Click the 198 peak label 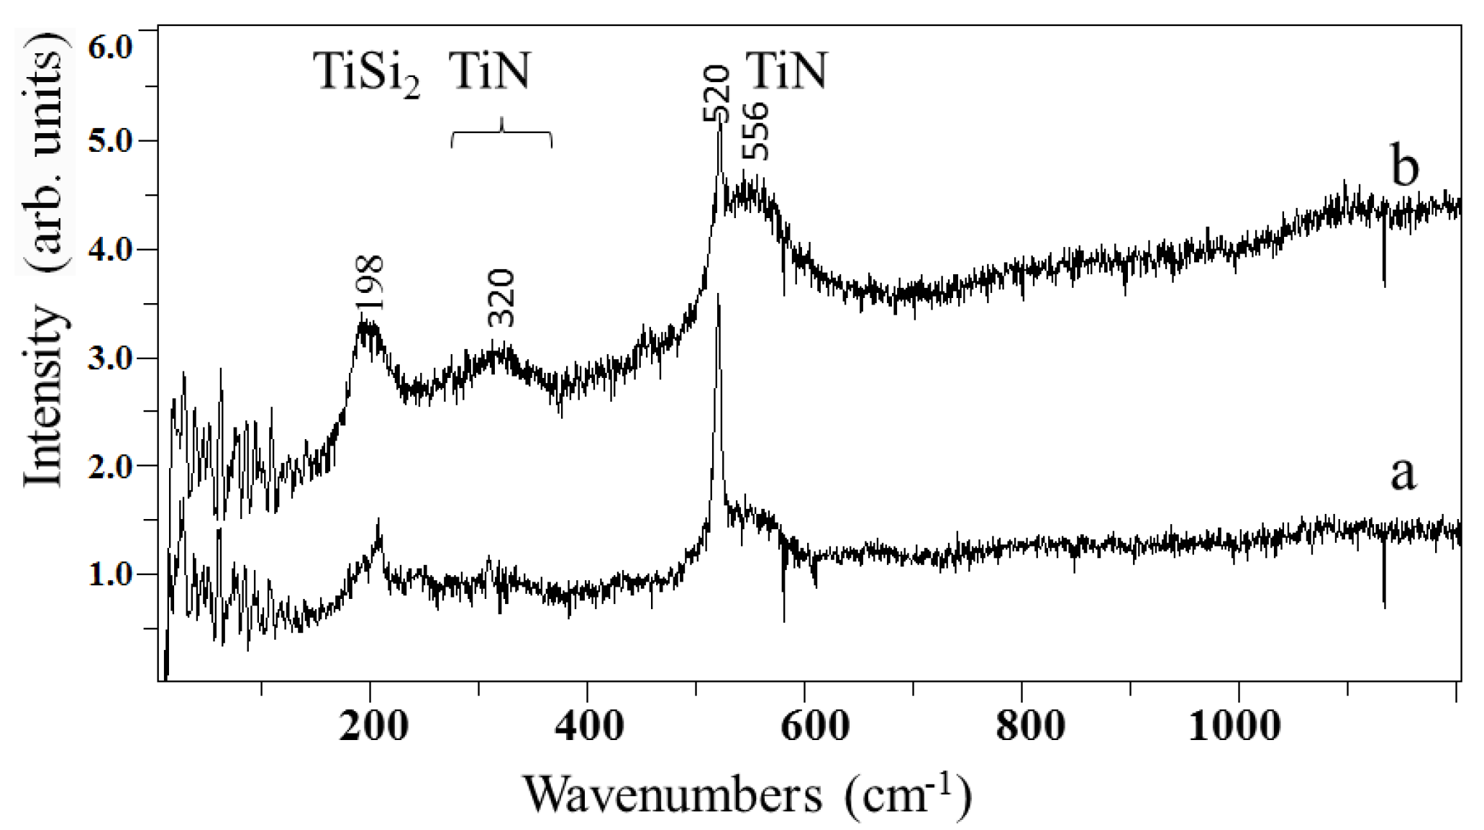pyautogui.click(x=373, y=283)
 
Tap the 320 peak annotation pyautogui.click(x=501, y=298)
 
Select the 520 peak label pyautogui.click(x=717, y=94)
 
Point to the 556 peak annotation pyautogui.click(x=755, y=132)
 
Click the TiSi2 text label pyautogui.click(x=366, y=73)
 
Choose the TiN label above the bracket pyautogui.click(x=490, y=71)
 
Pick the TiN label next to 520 pyautogui.click(x=787, y=71)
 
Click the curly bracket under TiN pyautogui.click(x=501, y=133)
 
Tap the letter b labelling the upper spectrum pyautogui.click(x=1405, y=167)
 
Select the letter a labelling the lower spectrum pyautogui.click(x=1403, y=474)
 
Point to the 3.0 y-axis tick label pyautogui.click(x=110, y=358)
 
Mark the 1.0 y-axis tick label pyautogui.click(x=110, y=574)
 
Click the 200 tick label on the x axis pyautogui.click(x=373, y=726)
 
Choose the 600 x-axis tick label pyautogui.click(x=814, y=726)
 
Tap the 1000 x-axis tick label pyautogui.click(x=1234, y=726)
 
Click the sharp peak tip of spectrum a pyautogui.click(x=718, y=294)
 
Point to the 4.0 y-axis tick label pyautogui.click(x=110, y=251)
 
